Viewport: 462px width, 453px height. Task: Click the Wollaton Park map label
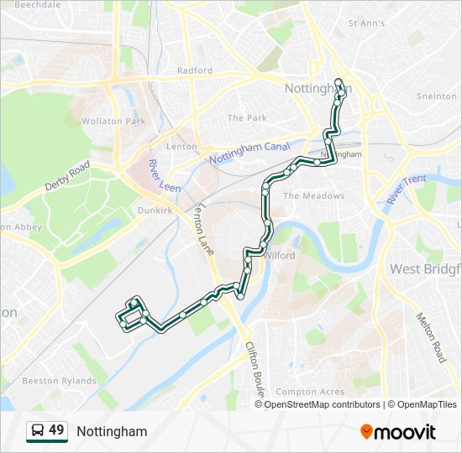click(x=113, y=122)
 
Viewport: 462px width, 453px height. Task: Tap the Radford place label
click(x=195, y=71)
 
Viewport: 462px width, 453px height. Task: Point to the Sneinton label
click(x=437, y=96)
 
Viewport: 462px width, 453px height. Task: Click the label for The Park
click(x=247, y=118)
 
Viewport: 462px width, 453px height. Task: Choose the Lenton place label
click(x=181, y=147)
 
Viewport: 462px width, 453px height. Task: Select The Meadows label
click(x=313, y=195)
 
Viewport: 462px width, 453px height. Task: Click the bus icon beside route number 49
click(x=37, y=431)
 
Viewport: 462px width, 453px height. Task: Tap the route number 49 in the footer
click(x=56, y=430)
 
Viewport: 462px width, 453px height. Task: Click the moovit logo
click(x=398, y=432)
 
